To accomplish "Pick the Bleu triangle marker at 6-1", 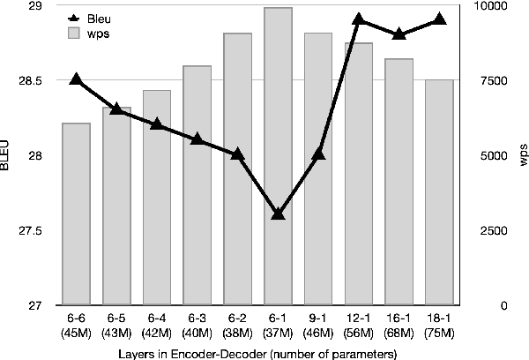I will pos(279,214).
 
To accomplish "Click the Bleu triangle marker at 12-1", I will pos(359,19).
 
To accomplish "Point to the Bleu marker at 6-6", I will pos(76,79).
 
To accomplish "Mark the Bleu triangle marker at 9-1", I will pos(318,154).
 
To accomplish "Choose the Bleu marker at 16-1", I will pos(399,34).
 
